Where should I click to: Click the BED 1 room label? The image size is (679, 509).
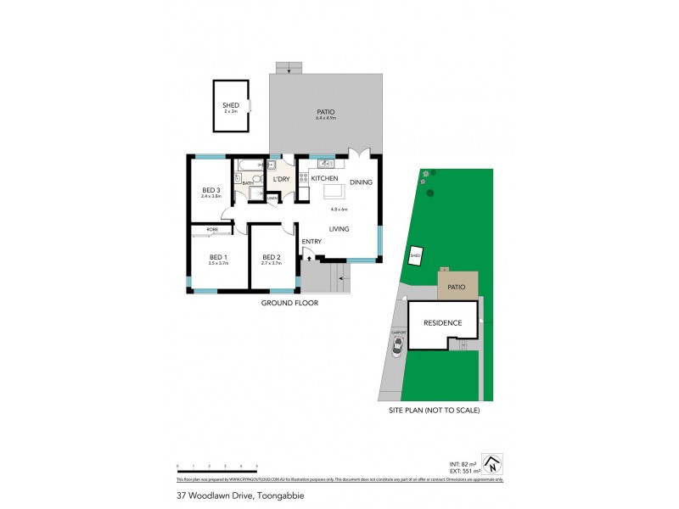[218, 256]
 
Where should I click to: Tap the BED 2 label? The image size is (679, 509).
[271, 257]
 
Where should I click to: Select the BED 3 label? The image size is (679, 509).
[211, 189]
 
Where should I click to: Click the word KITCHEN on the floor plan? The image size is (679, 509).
[325, 180]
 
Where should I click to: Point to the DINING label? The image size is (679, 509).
[362, 182]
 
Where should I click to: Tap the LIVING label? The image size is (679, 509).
[340, 228]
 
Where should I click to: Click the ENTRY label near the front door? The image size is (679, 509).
[311, 243]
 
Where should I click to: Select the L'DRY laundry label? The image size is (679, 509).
[281, 179]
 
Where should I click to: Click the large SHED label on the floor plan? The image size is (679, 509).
[230, 104]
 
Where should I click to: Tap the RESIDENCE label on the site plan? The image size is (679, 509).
[441, 322]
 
